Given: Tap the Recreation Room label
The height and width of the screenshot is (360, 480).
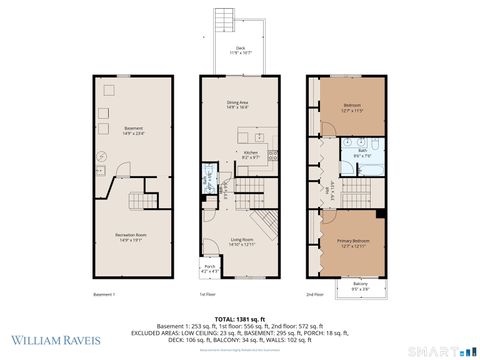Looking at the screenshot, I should [x=133, y=236].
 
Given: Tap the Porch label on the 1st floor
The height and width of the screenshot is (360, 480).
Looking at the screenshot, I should [x=210, y=268].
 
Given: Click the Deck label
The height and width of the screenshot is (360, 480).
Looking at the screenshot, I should [x=240, y=49].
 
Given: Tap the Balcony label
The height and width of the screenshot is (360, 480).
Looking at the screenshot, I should [x=360, y=285].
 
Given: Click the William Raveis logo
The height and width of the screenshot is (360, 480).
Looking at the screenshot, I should [x=55, y=339].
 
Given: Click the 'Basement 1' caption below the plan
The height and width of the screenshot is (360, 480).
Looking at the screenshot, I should [x=105, y=295].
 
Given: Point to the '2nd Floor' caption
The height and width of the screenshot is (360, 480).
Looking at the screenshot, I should [x=315, y=295].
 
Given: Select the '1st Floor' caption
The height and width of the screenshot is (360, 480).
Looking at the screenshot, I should [x=208, y=295].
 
